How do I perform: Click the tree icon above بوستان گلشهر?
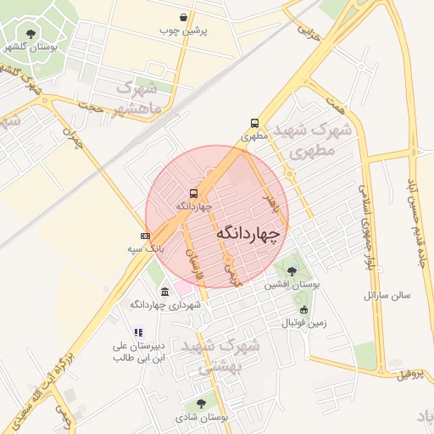click(31, 34)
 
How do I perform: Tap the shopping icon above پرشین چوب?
click(184, 17)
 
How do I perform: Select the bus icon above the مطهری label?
click(255, 122)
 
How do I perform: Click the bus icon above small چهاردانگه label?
click(193, 193)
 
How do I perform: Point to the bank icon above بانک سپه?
click(146, 236)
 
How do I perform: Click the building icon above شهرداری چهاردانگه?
click(164, 292)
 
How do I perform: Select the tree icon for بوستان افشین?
click(292, 271)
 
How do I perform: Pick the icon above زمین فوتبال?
click(304, 309)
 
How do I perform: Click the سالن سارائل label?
click(387, 296)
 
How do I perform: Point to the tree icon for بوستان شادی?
click(201, 404)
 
